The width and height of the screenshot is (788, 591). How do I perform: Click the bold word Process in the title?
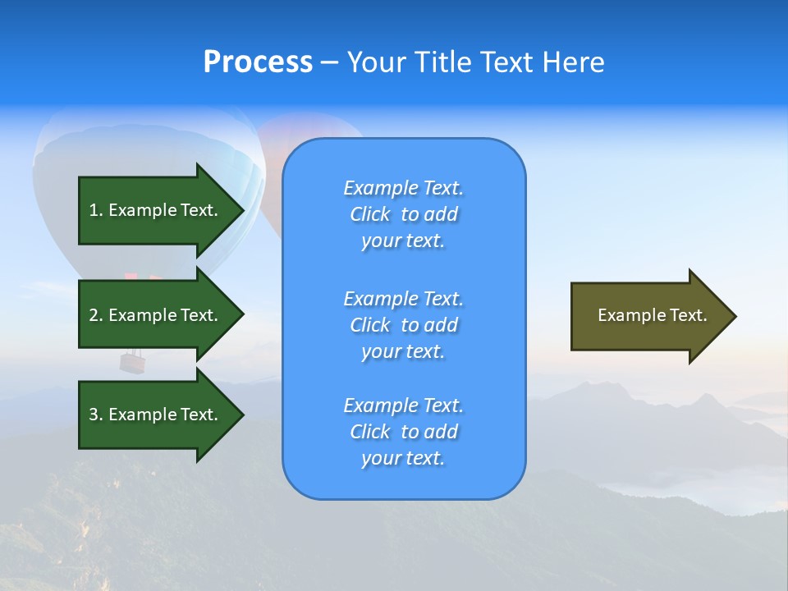coord(258,62)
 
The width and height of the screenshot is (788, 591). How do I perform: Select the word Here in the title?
coord(575,62)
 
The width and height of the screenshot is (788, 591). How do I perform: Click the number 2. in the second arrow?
coord(95,315)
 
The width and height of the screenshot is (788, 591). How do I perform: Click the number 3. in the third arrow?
coord(95,415)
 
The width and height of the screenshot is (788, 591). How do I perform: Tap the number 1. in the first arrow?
coord(95,210)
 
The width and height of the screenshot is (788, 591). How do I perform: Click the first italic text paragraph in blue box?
coord(403,214)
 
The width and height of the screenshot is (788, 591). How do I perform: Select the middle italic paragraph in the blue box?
coord(403,325)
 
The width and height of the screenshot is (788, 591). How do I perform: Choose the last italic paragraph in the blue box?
coord(403,432)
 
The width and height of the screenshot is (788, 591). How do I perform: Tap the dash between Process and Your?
coord(329,63)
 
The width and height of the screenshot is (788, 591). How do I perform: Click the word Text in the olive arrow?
coord(688,315)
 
